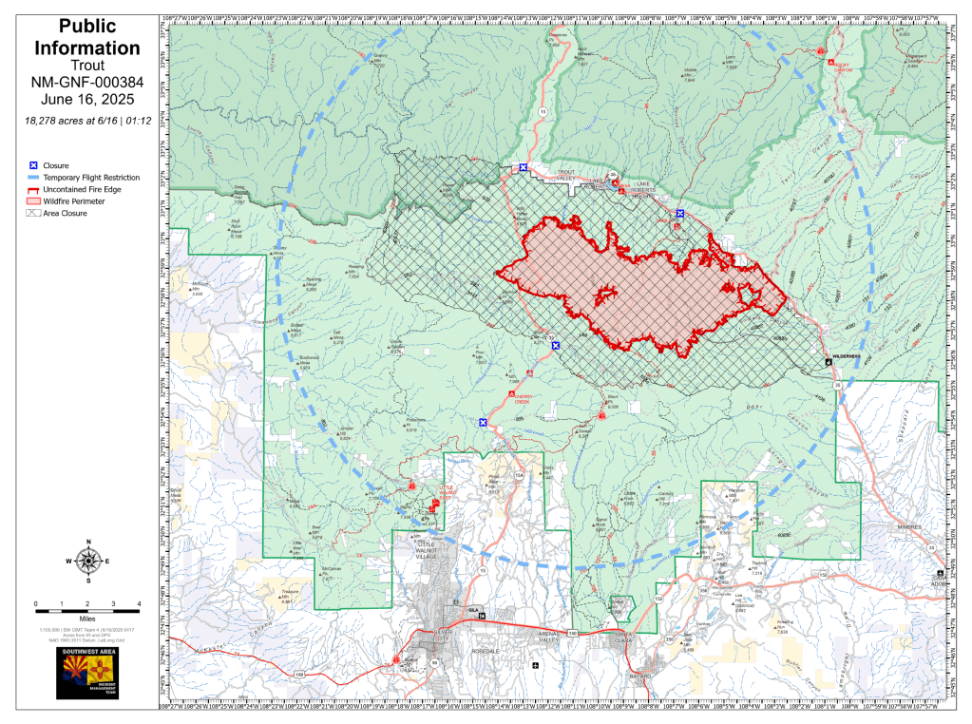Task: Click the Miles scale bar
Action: (x=87, y=603)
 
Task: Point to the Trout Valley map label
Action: (x=566, y=175)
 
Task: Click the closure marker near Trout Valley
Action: (x=523, y=167)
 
